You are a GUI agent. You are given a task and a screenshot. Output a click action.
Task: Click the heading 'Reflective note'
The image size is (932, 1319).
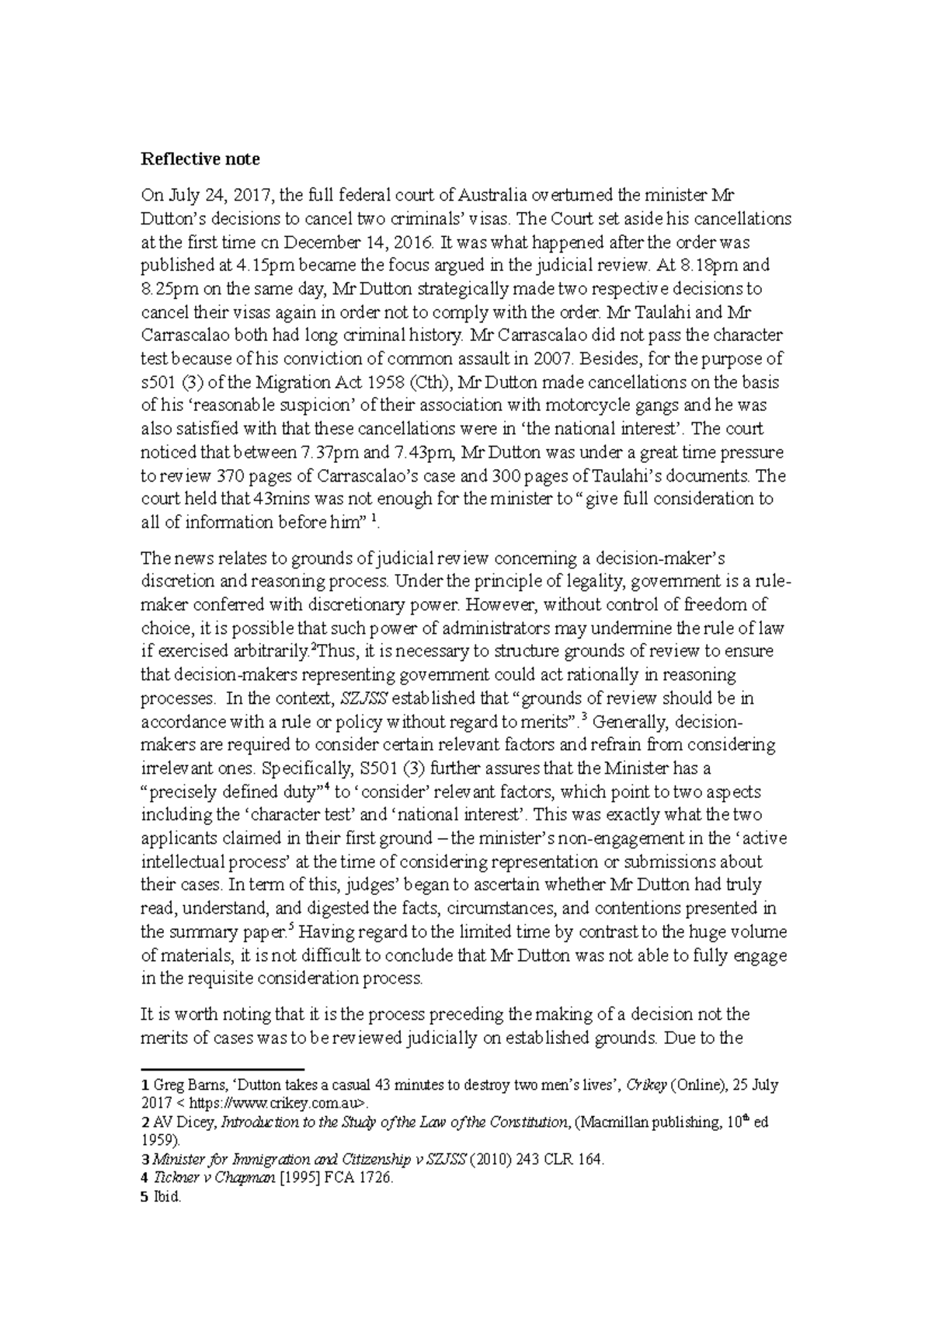200,159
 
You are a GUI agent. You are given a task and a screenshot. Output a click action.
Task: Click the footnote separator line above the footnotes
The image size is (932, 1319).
221,1069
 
